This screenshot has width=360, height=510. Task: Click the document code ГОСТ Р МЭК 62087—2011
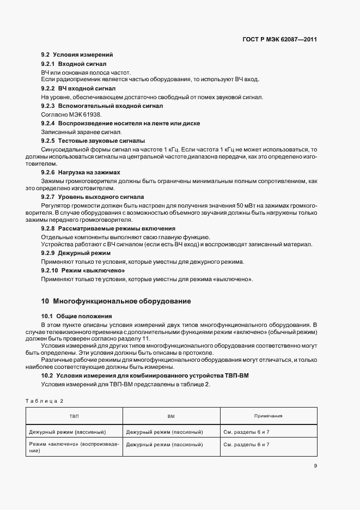coord(280,40)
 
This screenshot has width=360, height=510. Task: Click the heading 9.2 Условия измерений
coord(77,55)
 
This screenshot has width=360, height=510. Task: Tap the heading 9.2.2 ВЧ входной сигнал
coord(78,88)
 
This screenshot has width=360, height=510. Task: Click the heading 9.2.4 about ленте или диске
coord(120,123)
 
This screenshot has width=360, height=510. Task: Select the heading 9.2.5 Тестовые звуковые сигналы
coord(93,140)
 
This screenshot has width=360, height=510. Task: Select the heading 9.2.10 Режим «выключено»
coord(83,270)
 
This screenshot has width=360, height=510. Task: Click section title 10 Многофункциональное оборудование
coord(116,301)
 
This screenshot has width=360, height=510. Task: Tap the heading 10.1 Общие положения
coord(77,316)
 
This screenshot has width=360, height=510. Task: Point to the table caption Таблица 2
coord(44,400)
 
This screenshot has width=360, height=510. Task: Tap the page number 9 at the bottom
coord(315,465)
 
